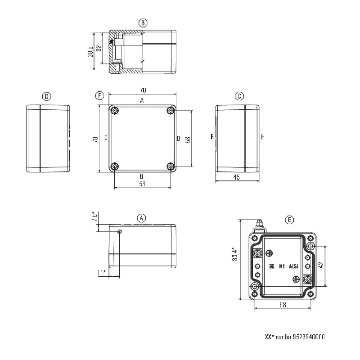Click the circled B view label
point(143,23)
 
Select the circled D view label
point(47,96)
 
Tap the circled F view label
point(99,95)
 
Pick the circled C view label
point(239,96)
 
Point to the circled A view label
point(141,218)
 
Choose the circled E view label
point(289,220)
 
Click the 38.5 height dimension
point(90,52)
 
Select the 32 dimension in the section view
point(99,49)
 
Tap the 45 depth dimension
point(237,177)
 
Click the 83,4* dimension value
point(235,254)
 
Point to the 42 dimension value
point(321,265)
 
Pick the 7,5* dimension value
point(94,216)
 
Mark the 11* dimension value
point(102,273)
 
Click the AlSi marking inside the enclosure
point(293,266)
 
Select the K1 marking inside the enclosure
point(282,266)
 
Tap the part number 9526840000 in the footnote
point(309,337)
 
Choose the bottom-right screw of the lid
point(171,166)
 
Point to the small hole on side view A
point(119,231)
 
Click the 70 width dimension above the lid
point(143,90)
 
